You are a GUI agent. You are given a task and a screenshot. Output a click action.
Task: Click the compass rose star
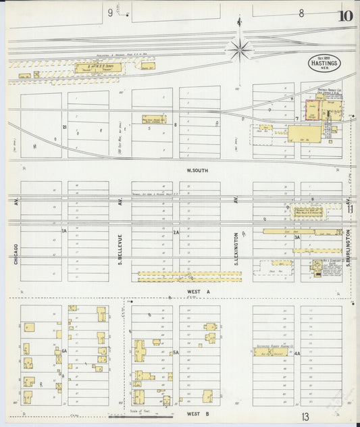click(238, 49)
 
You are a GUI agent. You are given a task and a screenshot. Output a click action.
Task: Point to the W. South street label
click(197, 170)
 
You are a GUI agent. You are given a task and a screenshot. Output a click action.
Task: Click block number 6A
click(64, 351)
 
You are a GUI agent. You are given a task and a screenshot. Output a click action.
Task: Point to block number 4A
click(296, 352)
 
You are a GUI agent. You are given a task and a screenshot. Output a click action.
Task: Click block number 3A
click(296, 237)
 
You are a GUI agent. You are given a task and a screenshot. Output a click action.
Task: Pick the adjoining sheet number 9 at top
click(109, 12)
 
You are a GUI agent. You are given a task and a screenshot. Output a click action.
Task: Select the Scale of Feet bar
click(150, 415)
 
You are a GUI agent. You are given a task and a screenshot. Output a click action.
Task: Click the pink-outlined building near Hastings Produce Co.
click(313, 111)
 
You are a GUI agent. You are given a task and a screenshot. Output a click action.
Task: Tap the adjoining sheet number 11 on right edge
click(351, 209)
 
